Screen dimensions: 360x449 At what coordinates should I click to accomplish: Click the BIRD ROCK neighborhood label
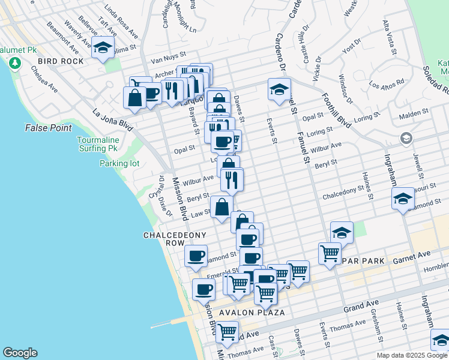[x=59, y=61]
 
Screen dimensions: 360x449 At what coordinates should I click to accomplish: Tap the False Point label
[x=49, y=128]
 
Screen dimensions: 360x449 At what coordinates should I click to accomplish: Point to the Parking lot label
[x=119, y=163]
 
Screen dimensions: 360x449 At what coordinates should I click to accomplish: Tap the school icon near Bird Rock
[x=103, y=48]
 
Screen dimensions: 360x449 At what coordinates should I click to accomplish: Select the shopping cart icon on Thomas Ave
[x=227, y=331]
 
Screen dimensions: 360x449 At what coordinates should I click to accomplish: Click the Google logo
[x=20, y=353]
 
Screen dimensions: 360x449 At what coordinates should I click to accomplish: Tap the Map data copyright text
[x=412, y=355]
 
